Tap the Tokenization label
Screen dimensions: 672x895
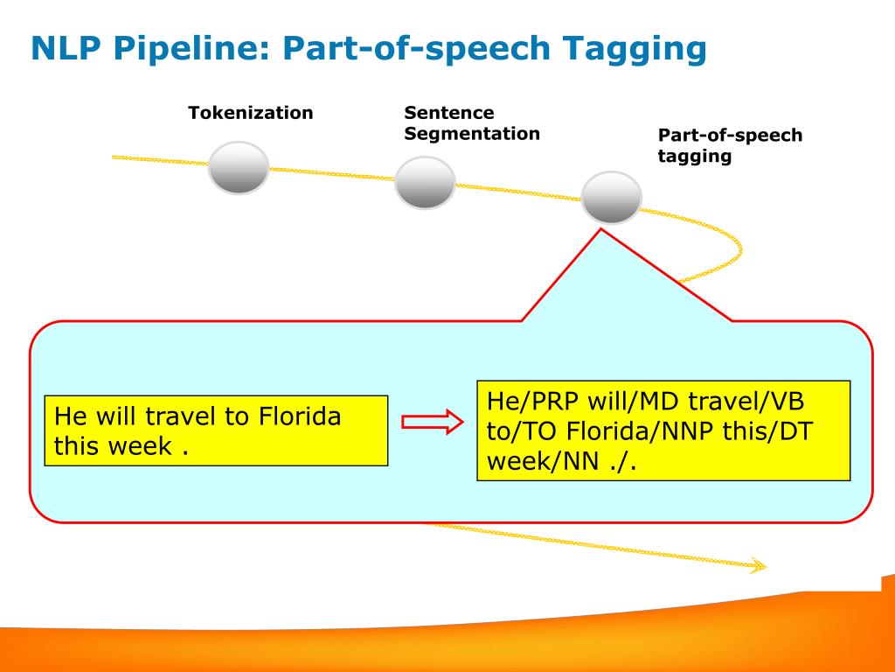pos(251,113)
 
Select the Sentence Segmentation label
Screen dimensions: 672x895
pos(472,123)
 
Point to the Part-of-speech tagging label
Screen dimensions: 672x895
pos(730,146)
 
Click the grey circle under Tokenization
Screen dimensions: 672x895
pos(239,167)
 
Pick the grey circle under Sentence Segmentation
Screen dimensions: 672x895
pos(425,183)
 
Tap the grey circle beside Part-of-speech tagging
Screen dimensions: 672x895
pos(611,198)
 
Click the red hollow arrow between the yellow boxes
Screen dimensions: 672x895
pos(431,423)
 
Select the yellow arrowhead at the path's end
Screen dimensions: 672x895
pos(758,566)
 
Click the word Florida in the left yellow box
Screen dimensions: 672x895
pos(300,416)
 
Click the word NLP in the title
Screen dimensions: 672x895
pos(65,49)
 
